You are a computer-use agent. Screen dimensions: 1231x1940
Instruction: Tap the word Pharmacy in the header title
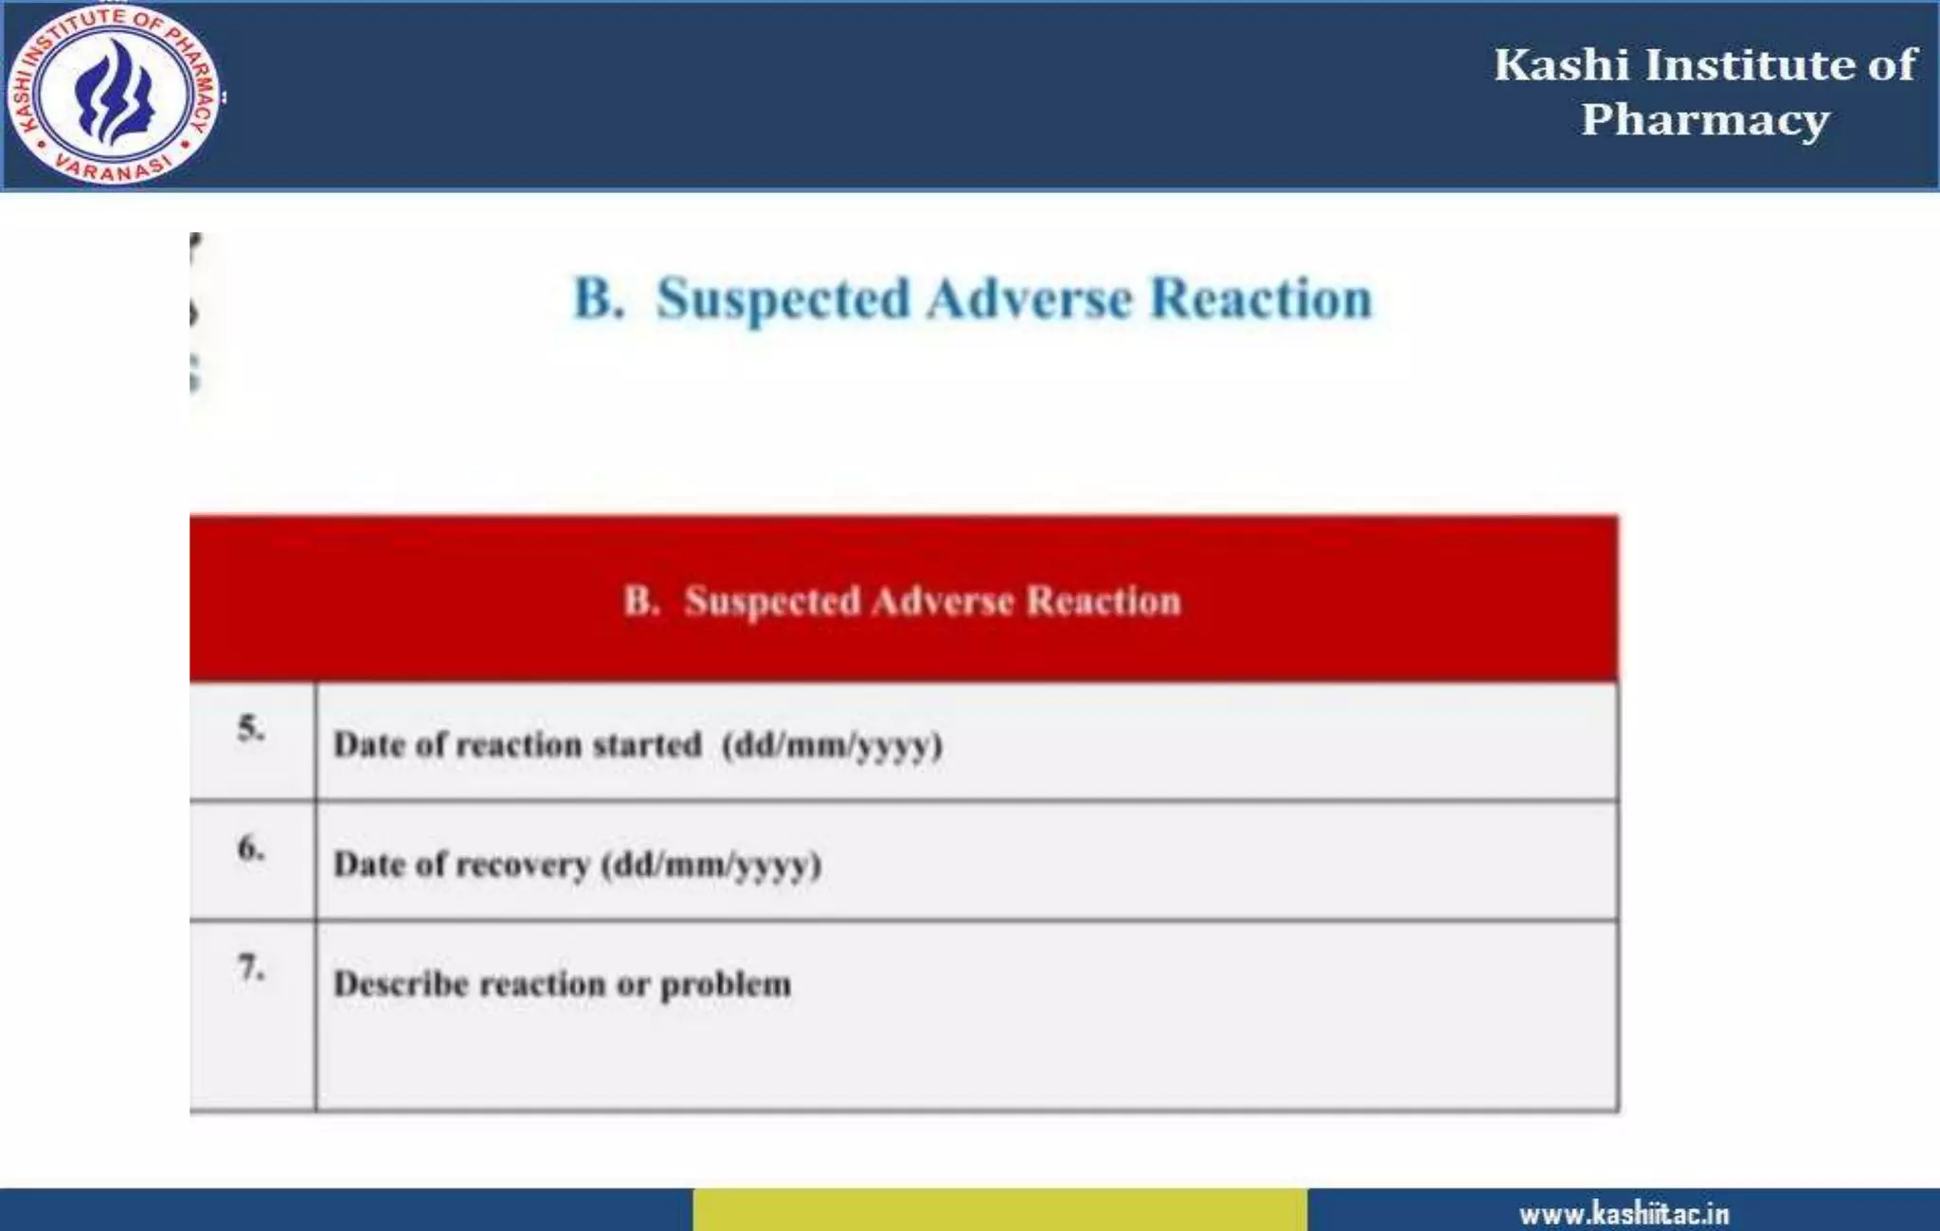(1705, 120)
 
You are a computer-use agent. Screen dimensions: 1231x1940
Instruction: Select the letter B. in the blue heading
(599, 298)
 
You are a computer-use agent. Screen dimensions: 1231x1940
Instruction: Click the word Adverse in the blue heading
(1030, 299)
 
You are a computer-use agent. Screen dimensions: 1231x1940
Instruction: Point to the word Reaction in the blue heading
(1261, 299)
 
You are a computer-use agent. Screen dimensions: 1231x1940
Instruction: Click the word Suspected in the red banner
(772, 601)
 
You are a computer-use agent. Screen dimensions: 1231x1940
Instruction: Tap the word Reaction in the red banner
(1104, 601)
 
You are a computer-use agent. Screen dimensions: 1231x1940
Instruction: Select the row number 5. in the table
(251, 728)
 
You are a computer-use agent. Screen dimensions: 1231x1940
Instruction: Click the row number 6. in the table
(251, 847)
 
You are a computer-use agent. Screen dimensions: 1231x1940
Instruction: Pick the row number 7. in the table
(251, 967)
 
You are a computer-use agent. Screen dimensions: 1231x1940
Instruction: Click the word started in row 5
(647, 745)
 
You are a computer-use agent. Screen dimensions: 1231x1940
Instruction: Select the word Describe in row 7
(401, 984)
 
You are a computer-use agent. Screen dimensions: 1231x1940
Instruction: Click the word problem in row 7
(726, 985)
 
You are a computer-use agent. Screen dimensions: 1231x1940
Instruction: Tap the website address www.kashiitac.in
(1624, 1213)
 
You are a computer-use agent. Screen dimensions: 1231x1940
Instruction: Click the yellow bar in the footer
(999, 1209)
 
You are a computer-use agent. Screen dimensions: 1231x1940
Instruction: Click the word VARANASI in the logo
(113, 167)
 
